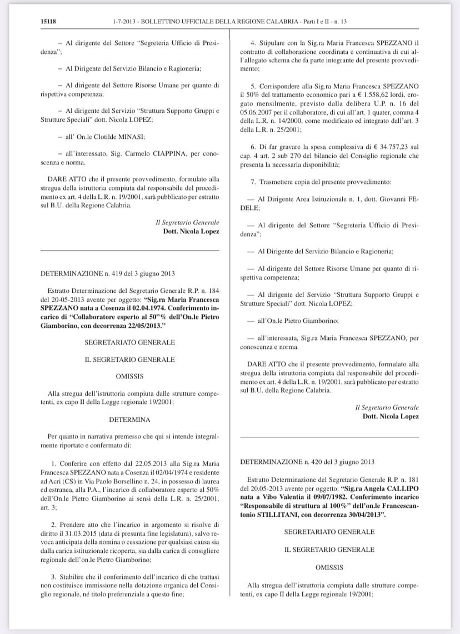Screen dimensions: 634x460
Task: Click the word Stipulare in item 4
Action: click(x=272, y=43)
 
